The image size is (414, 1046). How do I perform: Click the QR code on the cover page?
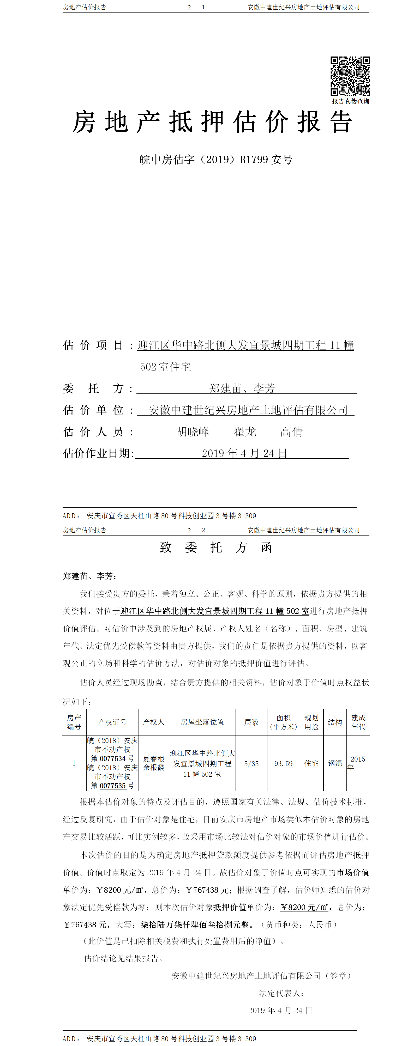click(350, 76)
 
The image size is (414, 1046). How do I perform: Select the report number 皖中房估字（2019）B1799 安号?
click(216, 160)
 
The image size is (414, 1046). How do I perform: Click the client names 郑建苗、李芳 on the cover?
click(242, 388)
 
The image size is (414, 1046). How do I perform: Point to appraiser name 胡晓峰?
click(193, 432)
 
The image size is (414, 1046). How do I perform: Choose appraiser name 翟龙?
click(245, 432)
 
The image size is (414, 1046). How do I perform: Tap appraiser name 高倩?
click(291, 432)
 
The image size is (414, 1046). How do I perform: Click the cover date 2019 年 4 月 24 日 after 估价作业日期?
click(245, 453)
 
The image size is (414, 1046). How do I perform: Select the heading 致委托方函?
click(216, 547)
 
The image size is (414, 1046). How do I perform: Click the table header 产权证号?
click(112, 722)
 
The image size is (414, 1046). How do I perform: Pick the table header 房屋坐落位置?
click(202, 722)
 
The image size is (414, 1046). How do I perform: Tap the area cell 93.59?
click(283, 763)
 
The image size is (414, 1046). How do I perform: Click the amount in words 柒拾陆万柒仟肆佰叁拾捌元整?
click(195, 925)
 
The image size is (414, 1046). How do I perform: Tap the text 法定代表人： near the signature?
click(281, 993)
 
